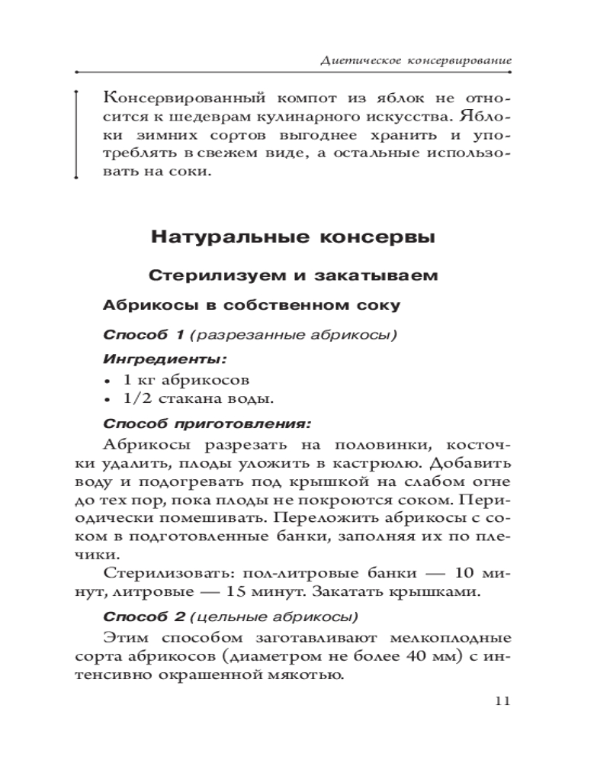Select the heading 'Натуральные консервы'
294,237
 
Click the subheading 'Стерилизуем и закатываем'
294,275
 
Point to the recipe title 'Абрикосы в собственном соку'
250,306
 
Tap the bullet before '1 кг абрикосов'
107,379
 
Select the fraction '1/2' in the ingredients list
138,398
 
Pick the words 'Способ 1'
144,334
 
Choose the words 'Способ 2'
144,616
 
